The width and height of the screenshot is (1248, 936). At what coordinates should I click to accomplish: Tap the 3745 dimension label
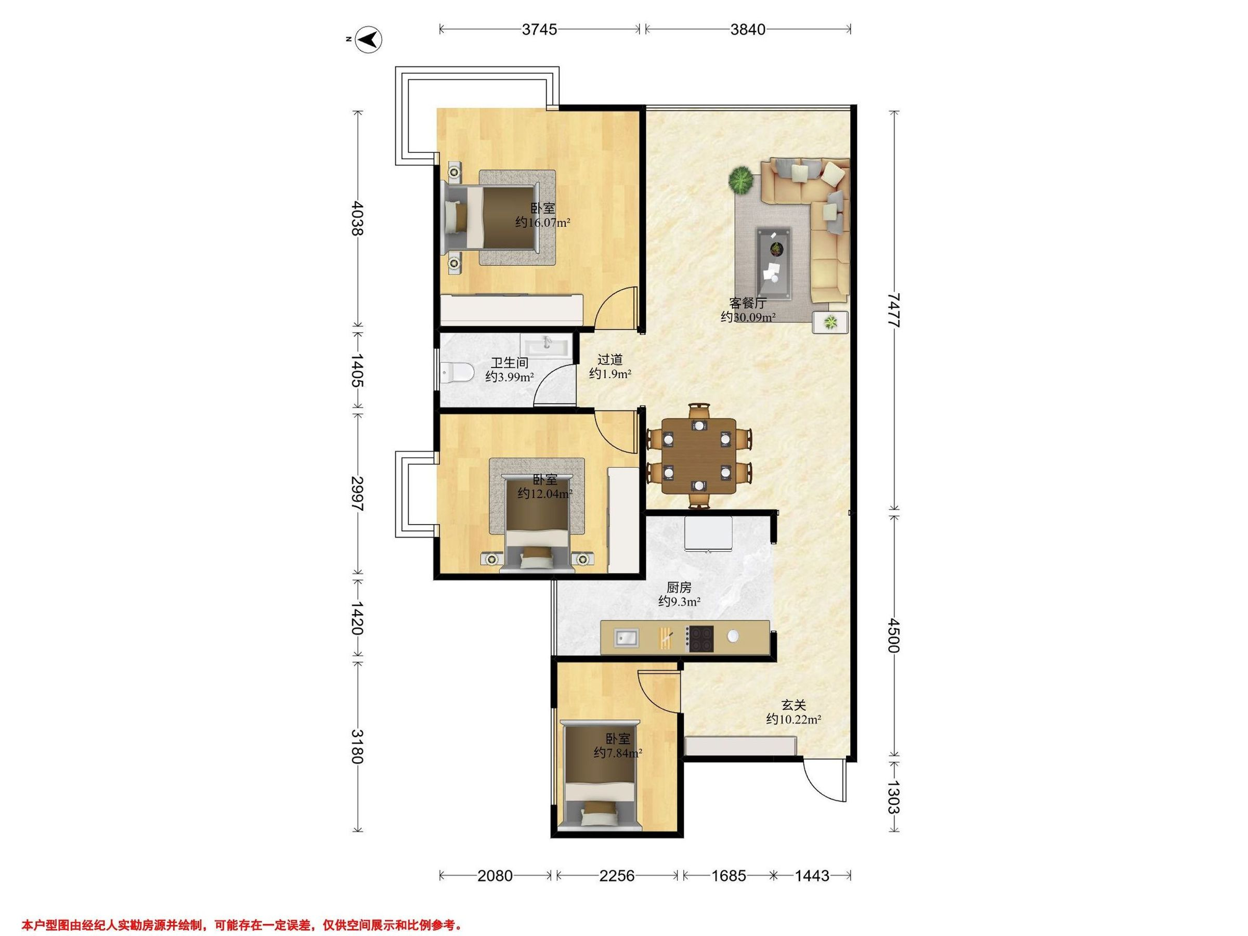[x=539, y=29]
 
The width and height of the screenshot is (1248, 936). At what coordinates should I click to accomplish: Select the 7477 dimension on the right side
[x=893, y=310]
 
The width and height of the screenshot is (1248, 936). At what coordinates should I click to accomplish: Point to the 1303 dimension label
[x=893, y=797]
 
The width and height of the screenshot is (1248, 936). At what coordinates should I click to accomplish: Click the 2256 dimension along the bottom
[x=617, y=876]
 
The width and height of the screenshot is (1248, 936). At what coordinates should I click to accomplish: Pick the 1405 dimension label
[x=357, y=371]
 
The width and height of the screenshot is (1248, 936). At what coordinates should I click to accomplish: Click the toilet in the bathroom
[x=458, y=371]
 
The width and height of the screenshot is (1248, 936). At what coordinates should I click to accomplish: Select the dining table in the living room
[x=699, y=456]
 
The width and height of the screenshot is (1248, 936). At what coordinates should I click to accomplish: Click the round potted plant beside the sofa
[x=740, y=180]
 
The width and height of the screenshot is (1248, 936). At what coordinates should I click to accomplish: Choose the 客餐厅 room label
[x=748, y=303]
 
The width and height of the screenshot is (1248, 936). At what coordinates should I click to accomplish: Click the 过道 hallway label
[x=610, y=359]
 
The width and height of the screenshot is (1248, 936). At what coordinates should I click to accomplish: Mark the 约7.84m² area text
[x=618, y=753]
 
